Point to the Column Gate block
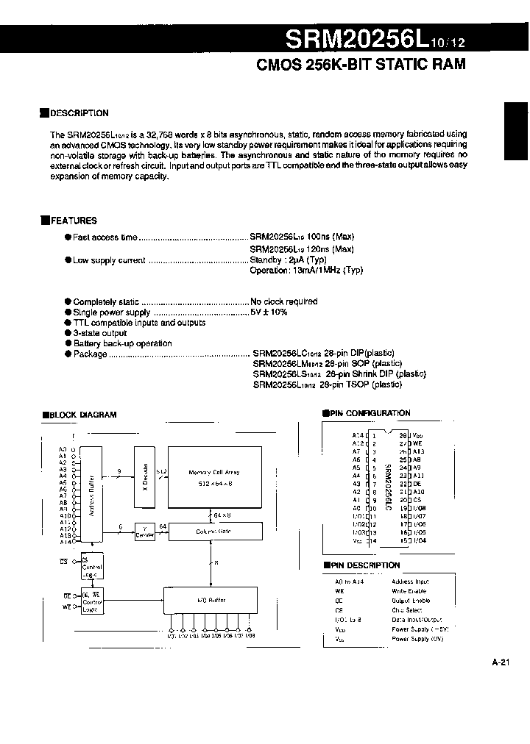214,530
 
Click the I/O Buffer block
211,601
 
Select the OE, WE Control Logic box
91,601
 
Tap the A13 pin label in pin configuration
419,451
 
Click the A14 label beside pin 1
358,435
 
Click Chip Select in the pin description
407,610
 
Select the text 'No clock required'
284,301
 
